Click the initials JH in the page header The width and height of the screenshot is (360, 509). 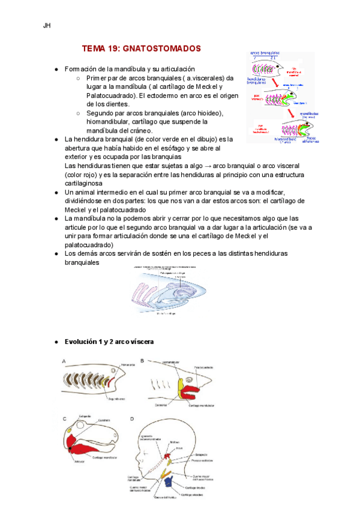[46, 26]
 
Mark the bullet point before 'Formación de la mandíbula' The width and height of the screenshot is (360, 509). [56, 70]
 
